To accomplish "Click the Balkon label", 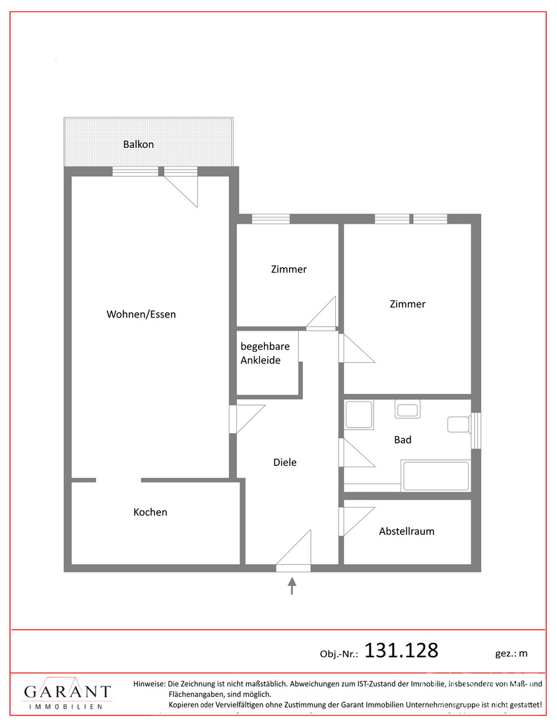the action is [139, 145].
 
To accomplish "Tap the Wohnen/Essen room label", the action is [141, 314].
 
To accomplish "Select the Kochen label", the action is [150, 512].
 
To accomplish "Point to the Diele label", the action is [284, 462].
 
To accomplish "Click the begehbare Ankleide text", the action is [265, 353].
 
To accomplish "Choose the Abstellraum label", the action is [407, 531].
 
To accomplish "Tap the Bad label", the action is [403, 440].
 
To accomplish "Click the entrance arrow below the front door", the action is [292, 585].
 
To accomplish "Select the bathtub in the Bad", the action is [436, 475].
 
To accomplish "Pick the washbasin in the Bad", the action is [407, 409].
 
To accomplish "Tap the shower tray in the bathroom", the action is [359, 415].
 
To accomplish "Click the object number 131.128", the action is [401, 651].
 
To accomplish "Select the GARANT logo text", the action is [67, 692].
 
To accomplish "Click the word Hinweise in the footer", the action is [149, 684].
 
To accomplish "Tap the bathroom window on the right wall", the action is [476, 430].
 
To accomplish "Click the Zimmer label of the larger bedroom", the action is [407, 304].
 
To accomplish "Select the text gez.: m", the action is [511, 654].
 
